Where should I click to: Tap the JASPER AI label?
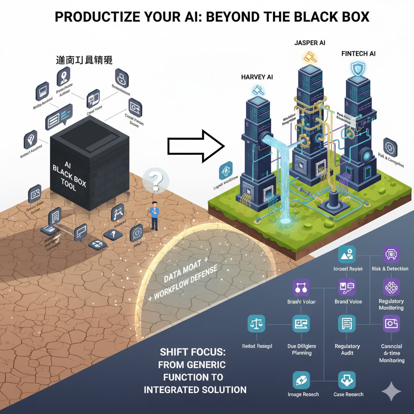coord(310,42)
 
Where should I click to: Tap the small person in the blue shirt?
coord(154,215)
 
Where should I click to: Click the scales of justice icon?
coord(256,324)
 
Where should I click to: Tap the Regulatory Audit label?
coord(347,349)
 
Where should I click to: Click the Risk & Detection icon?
coord(391,254)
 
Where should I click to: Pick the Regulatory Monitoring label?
coord(391,304)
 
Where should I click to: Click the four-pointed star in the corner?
coord(391,391)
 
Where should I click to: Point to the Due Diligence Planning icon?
coord(302,324)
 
